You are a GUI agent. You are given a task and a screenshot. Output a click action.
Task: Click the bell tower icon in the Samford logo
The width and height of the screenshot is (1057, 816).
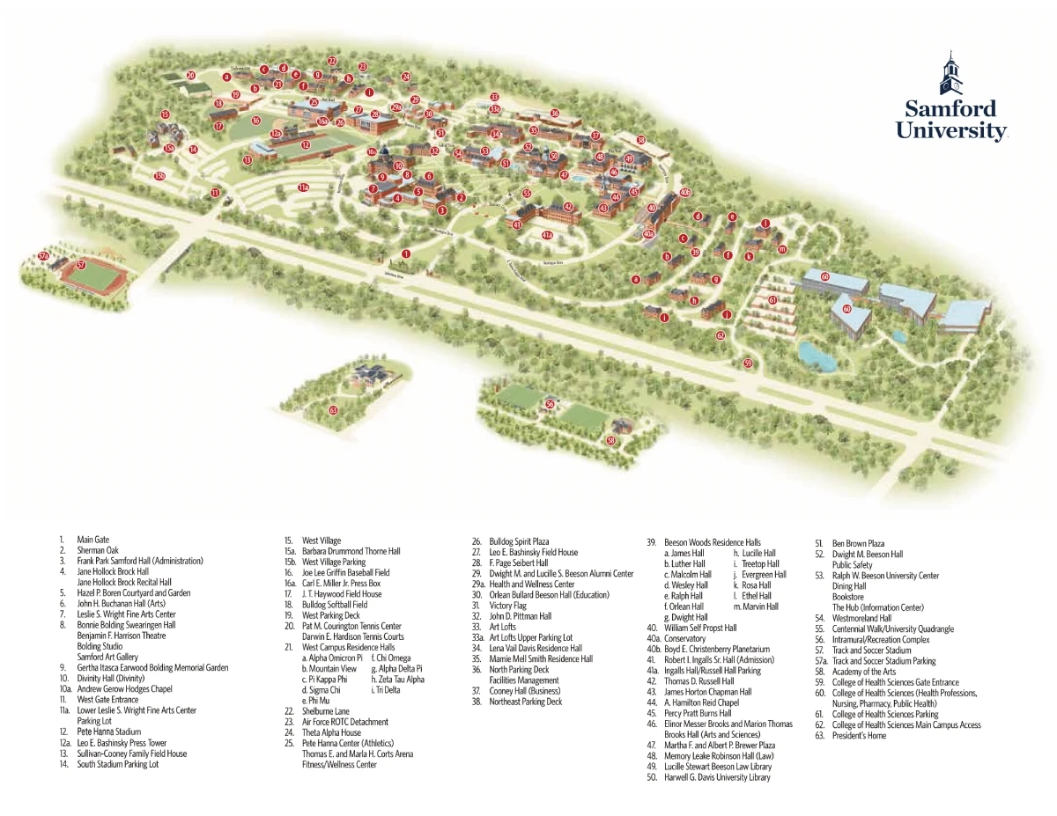click(950, 74)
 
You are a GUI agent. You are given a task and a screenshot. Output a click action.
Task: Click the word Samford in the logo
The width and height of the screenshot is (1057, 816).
click(950, 109)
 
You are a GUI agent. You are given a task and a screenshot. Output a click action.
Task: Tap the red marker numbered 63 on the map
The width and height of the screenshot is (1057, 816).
click(333, 410)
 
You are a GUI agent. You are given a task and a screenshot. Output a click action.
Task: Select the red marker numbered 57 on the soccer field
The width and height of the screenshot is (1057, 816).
click(80, 264)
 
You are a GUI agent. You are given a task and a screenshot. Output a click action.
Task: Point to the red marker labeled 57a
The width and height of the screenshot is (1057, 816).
click(43, 256)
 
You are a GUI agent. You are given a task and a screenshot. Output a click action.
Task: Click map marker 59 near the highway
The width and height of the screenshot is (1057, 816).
click(748, 363)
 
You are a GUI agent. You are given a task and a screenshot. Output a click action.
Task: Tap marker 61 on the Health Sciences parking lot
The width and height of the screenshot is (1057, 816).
click(772, 300)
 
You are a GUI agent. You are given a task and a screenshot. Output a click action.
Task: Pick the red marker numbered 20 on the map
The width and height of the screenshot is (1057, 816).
click(190, 76)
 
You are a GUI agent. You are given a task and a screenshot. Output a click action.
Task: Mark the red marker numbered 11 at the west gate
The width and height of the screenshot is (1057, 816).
click(214, 192)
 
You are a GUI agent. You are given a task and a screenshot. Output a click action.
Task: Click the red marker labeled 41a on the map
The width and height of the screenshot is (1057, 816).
click(546, 235)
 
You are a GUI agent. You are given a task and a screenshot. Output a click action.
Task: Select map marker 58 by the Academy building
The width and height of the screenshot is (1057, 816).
click(610, 440)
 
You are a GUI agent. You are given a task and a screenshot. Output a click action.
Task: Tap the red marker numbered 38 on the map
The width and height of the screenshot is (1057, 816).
click(641, 140)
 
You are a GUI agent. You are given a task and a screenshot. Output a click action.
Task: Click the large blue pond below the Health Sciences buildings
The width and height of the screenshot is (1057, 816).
click(817, 354)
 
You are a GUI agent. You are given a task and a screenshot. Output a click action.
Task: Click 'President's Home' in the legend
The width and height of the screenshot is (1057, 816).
click(859, 736)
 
